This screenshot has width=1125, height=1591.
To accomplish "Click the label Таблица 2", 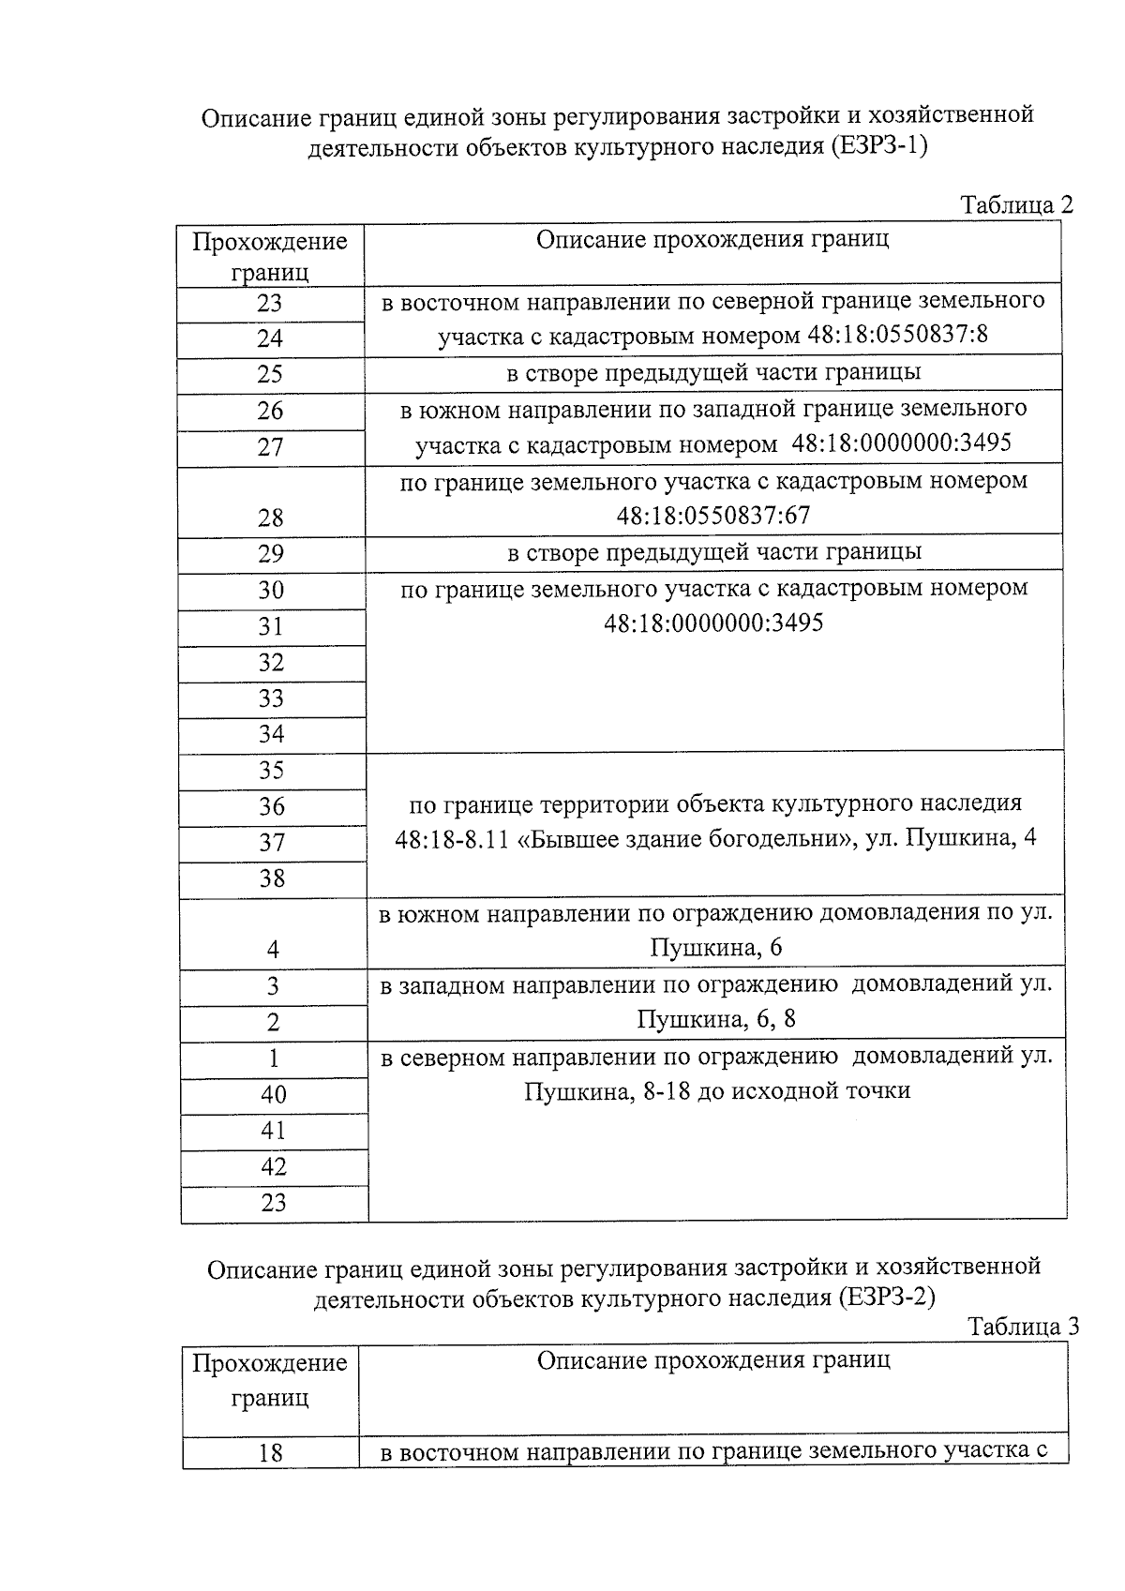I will [x=1016, y=205].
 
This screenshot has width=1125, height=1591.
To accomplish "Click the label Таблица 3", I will [x=1023, y=1327].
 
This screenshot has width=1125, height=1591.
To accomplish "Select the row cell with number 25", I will [x=270, y=374].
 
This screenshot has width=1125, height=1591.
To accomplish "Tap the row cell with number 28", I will [x=270, y=518].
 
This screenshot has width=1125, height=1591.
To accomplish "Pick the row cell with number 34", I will [x=271, y=734].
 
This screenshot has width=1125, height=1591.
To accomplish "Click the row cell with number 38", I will [x=272, y=878].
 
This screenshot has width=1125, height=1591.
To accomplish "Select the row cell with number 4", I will [x=273, y=950].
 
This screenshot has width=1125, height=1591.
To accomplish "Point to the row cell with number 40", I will [x=274, y=1095].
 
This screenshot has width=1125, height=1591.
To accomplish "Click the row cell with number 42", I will [x=274, y=1167].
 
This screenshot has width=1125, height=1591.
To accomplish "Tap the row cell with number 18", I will [x=270, y=1453].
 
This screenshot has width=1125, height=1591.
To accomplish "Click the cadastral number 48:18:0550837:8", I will [x=897, y=336].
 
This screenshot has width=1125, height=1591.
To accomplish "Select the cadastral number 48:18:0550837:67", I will [x=713, y=516].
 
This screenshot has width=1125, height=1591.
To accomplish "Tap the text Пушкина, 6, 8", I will [x=716, y=1019].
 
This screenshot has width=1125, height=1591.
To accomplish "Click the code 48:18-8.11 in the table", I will [x=451, y=839].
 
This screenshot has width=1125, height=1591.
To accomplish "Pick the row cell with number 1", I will [x=274, y=1058].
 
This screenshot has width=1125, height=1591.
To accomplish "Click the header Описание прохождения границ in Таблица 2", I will [x=712, y=239].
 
